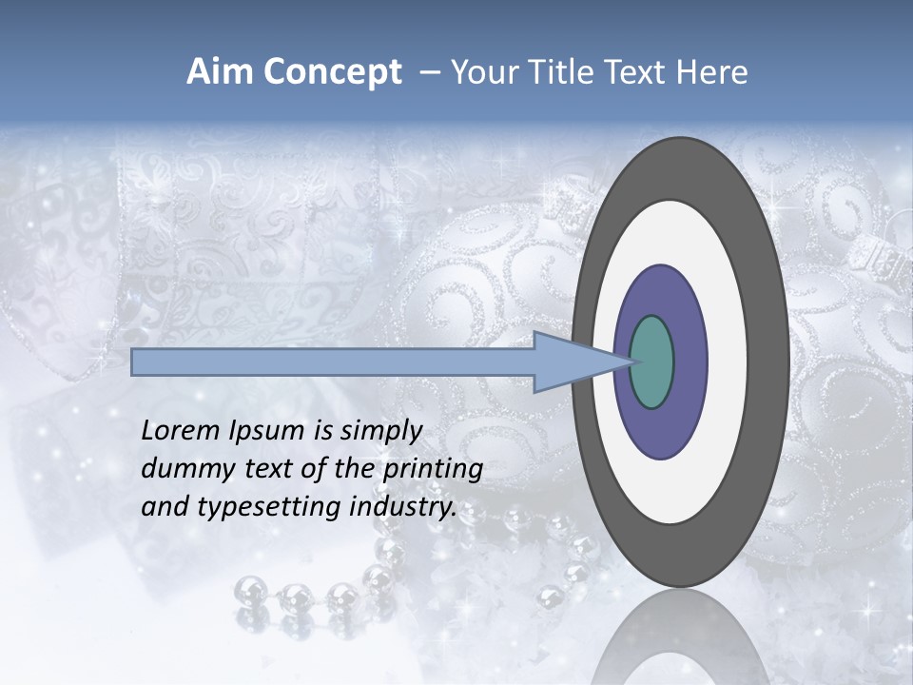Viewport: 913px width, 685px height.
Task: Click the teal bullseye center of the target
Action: pos(651,362)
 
